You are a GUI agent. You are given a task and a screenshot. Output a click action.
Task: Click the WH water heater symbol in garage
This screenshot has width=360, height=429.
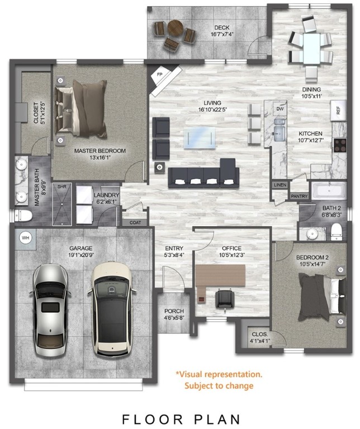point(25,237)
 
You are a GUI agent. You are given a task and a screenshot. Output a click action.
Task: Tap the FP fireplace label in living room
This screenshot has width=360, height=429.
point(159,74)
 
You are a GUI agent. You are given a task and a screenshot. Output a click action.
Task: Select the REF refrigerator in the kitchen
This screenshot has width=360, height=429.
point(337,110)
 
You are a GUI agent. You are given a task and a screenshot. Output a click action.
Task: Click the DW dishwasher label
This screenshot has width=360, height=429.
point(281,109)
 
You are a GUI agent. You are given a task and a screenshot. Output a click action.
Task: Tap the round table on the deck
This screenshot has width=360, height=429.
point(174,28)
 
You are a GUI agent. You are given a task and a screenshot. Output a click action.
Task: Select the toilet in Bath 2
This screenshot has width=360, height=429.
point(335,231)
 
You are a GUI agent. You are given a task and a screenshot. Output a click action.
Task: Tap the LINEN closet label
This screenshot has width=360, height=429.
point(280,184)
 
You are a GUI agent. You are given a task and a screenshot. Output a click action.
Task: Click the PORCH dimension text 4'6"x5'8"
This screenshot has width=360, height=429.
point(174,320)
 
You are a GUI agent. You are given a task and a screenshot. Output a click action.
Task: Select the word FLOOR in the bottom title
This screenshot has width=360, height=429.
point(145,418)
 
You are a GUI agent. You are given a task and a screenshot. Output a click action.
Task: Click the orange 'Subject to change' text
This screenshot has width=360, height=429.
point(219,385)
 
